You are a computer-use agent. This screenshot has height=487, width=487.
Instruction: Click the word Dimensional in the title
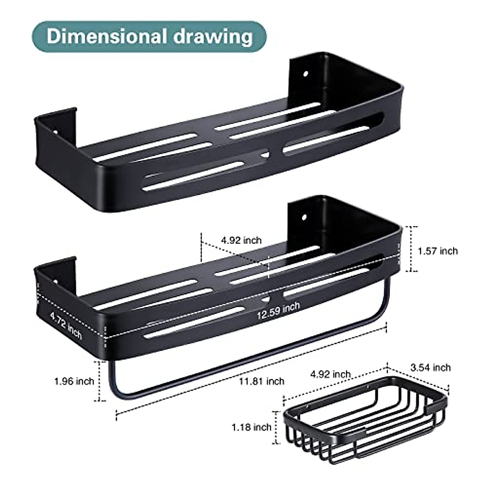(107, 37)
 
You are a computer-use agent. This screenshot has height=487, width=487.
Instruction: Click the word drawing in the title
(213, 37)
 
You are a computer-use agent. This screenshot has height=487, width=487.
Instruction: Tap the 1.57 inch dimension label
(437, 251)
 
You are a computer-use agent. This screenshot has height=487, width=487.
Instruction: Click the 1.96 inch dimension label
(74, 381)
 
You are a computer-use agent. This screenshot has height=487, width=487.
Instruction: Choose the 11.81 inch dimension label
(262, 381)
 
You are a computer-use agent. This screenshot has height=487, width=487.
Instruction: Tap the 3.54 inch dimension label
(431, 367)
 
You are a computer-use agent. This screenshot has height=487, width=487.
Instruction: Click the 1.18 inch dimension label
(252, 427)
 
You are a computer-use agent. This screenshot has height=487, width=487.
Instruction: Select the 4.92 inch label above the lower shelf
(241, 240)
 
